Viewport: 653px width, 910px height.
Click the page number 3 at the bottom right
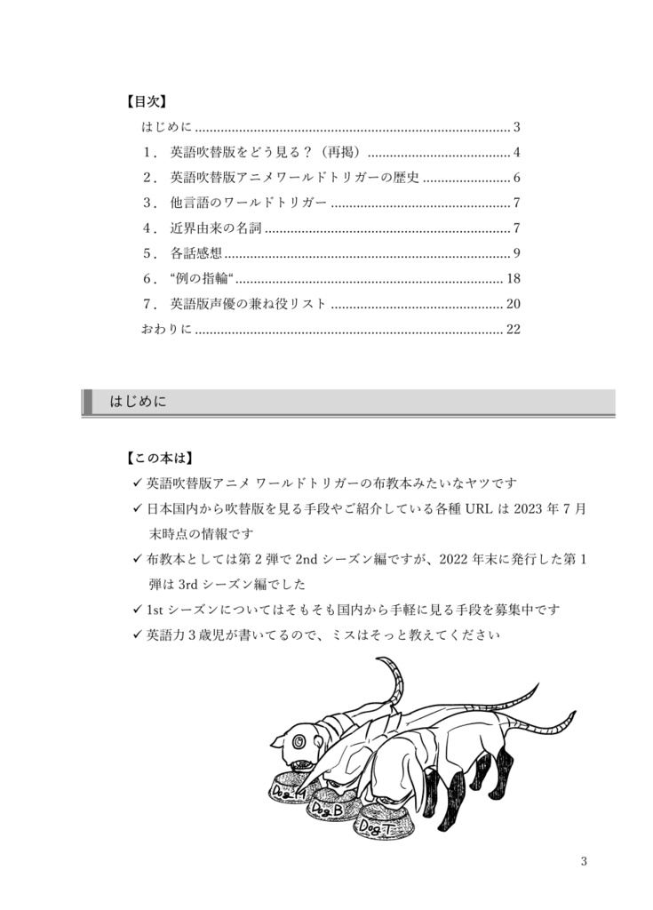(x=584, y=860)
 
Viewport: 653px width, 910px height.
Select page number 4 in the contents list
(x=516, y=152)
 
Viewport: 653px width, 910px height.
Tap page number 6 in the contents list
(x=516, y=177)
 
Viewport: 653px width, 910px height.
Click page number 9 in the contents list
(x=516, y=253)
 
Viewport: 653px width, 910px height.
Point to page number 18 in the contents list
(x=513, y=279)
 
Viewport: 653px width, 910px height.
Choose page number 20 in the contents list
(x=513, y=304)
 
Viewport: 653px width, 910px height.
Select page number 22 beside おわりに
(x=513, y=330)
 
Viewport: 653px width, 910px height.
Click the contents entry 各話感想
(x=196, y=253)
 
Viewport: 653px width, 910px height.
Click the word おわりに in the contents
(x=166, y=330)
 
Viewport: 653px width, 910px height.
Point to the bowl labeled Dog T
(x=381, y=825)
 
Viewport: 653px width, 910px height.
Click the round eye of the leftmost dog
(x=299, y=739)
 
